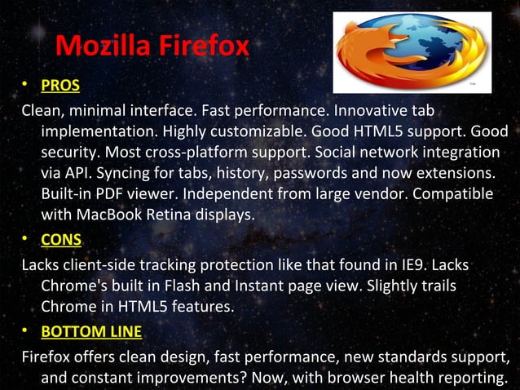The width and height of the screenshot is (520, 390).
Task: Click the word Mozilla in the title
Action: tap(104, 46)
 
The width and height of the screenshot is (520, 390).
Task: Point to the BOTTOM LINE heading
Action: tap(91, 332)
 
